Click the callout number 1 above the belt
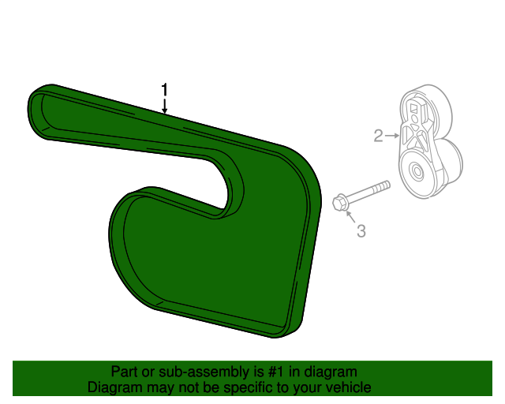click(164, 89)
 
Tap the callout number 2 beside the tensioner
click(378, 136)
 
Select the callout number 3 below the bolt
click(361, 231)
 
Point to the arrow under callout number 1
click(164, 107)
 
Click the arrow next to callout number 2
click(392, 136)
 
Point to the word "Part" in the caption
click(124, 371)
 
